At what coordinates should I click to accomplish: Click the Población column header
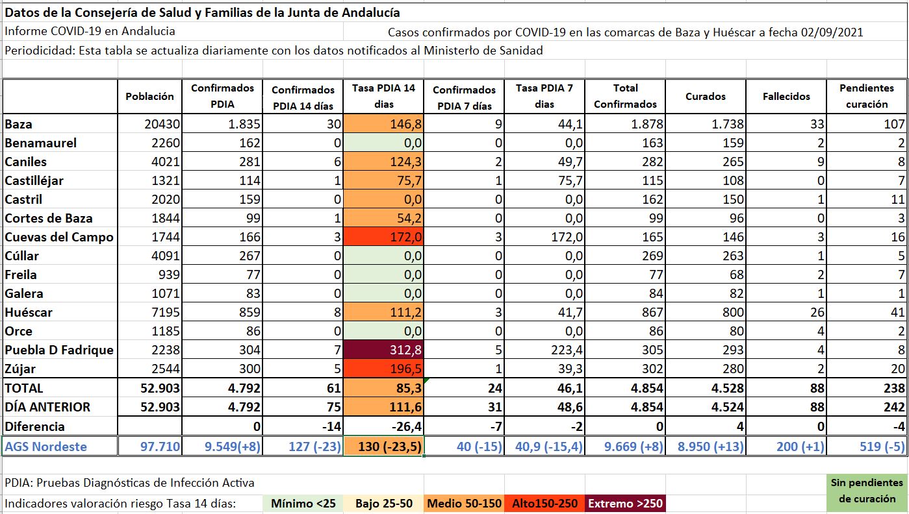pos(149,96)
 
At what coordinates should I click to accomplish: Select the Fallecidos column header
pos(786,96)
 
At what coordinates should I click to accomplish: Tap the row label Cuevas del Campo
pos(59,237)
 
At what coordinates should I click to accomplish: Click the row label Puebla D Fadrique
pos(59,350)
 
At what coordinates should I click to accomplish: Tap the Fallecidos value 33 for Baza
pos(817,124)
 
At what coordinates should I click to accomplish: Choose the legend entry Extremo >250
pos(625,503)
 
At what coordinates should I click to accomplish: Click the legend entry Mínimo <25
pos(303,503)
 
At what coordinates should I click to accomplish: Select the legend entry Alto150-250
pos(544,503)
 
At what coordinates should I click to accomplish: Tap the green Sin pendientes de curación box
pos(867,491)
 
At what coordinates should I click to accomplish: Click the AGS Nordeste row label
pos(45,447)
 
